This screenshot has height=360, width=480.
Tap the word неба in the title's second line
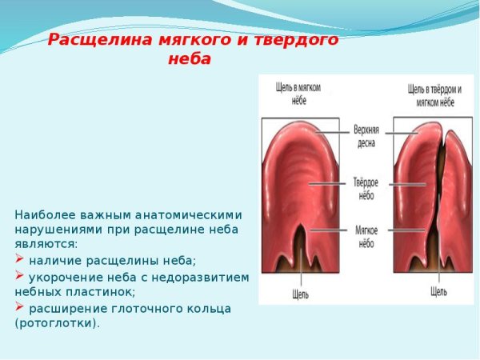point(190,60)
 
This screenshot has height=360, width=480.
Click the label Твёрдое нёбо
point(366,187)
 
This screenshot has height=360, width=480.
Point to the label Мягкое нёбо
point(366,235)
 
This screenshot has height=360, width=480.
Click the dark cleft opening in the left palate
point(302,240)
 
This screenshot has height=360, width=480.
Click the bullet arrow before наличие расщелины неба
point(20,261)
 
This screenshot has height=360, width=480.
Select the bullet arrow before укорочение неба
point(20,277)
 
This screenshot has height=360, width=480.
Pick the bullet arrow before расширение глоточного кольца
point(20,308)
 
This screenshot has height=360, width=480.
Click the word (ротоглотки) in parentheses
point(58,323)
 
